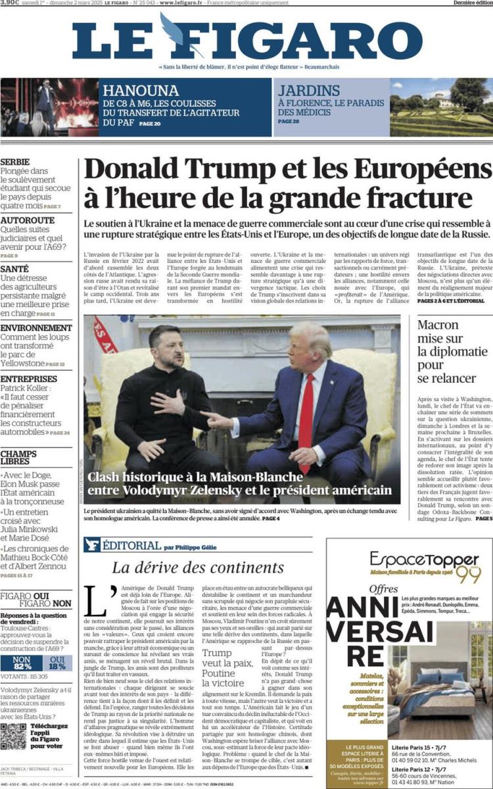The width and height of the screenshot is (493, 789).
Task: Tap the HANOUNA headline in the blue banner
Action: (x=141, y=91)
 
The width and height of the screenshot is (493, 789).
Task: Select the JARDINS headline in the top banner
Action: (x=308, y=91)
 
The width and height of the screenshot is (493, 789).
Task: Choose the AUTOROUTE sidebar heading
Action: (x=28, y=220)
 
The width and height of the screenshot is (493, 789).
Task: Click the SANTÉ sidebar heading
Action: (x=14, y=268)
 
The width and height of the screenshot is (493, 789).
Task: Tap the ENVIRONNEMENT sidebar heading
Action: (x=36, y=327)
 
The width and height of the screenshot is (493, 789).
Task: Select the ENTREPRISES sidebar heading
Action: (x=28, y=379)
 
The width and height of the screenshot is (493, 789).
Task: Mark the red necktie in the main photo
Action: (x=306, y=421)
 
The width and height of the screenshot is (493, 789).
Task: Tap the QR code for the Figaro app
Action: (x=14, y=736)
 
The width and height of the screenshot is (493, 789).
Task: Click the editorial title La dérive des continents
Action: (x=197, y=568)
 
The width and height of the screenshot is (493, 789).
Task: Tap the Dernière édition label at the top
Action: (x=472, y=3)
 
